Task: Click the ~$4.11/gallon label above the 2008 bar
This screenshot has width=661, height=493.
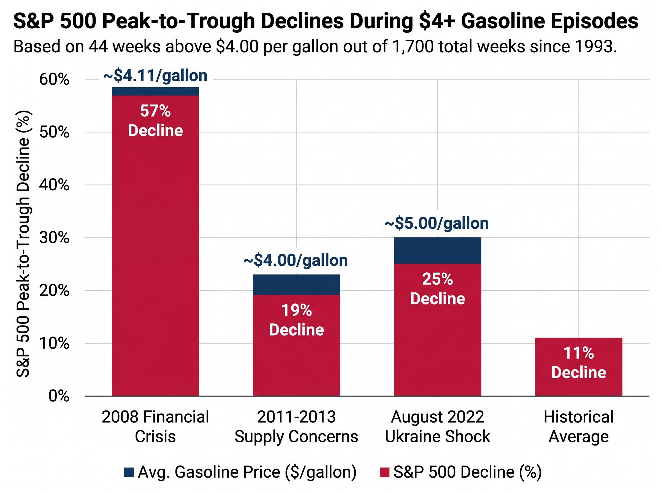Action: coord(155,76)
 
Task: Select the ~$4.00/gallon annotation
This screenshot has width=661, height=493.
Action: coord(296,261)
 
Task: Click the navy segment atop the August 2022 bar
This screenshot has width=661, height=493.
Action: coord(437,250)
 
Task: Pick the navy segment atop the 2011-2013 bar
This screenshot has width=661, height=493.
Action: coord(296,284)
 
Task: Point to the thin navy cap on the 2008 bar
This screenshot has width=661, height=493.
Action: coord(155,91)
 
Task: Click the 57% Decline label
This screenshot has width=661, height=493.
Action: coord(155,121)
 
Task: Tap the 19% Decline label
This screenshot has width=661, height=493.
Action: coord(296,320)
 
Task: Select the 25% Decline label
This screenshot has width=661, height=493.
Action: coord(437,289)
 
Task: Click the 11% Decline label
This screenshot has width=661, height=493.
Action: coord(578,363)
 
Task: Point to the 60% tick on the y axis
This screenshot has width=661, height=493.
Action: coord(54,80)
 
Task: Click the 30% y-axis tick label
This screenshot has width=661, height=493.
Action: coord(54,238)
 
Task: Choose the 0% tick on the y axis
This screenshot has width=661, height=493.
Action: coord(59,396)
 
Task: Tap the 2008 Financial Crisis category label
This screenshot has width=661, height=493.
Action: coord(155,427)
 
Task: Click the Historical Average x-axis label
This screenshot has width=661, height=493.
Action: coord(578,427)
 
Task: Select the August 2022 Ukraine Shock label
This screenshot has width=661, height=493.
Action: coord(437,427)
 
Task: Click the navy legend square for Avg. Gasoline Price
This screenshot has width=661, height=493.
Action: coord(129,472)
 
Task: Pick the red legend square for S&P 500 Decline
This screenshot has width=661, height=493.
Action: coord(384,472)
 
